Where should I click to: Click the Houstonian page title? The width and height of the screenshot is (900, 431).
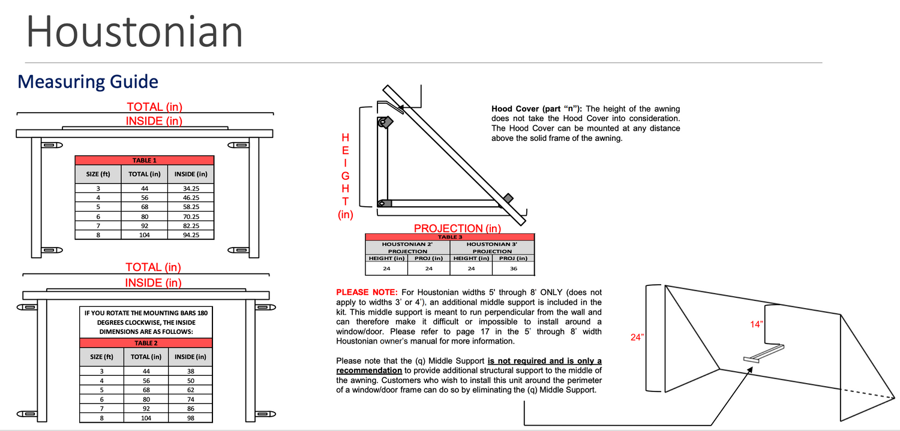pos(134,32)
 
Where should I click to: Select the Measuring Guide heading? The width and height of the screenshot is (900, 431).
pos(88,82)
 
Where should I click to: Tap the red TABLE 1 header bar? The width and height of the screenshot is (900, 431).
pos(144,160)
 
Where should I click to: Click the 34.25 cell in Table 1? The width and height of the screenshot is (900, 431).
pos(190,188)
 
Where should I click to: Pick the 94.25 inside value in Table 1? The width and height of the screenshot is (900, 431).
pos(190,235)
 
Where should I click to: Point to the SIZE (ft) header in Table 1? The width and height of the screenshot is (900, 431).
pos(98,174)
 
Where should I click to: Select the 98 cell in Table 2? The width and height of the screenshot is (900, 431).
pos(190,418)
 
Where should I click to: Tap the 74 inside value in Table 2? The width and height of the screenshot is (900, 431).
pos(190,399)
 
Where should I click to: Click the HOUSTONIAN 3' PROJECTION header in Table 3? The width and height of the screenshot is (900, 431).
pos(491,248)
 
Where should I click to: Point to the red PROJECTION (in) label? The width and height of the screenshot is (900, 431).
pos(457,228)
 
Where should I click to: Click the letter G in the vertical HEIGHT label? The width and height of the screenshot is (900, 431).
pos(346,176)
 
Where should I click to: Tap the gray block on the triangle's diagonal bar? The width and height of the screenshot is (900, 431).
pos(508,198)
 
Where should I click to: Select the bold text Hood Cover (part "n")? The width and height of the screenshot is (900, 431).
pos(537,109)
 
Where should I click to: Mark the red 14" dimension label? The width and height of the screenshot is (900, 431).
pos(757,324)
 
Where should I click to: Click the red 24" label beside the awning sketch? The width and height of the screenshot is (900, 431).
pos(638,337)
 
